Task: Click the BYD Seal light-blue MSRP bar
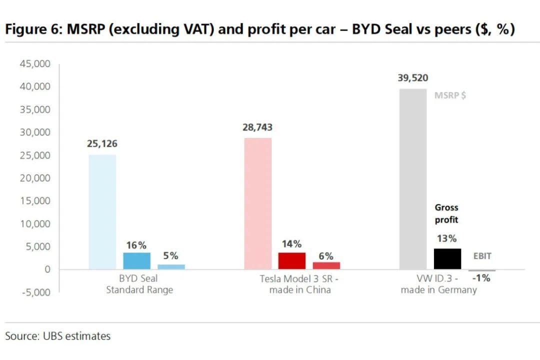102,212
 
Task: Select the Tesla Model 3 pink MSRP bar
258,203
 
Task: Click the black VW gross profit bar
447,258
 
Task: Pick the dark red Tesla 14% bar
291,260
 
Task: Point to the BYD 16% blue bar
136,260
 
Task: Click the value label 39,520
413,78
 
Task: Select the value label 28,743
257,127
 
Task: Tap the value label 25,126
102,144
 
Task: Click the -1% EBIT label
481,278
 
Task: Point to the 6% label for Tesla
326,256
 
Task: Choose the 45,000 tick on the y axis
35,64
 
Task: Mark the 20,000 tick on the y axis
35,178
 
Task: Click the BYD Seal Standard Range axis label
139,284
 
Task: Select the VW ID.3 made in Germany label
438,284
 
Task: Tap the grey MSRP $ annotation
450,95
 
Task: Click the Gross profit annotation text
446,213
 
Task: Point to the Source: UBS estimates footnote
58,336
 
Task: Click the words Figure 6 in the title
32,29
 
